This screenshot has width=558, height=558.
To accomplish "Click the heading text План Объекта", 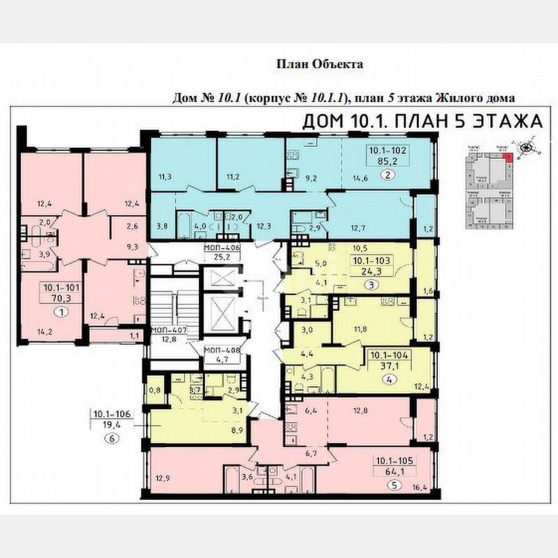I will tap(320, 64).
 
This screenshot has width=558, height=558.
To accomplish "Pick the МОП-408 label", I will tap(222, 352).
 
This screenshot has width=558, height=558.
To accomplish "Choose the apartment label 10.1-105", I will tap(393, 462).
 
